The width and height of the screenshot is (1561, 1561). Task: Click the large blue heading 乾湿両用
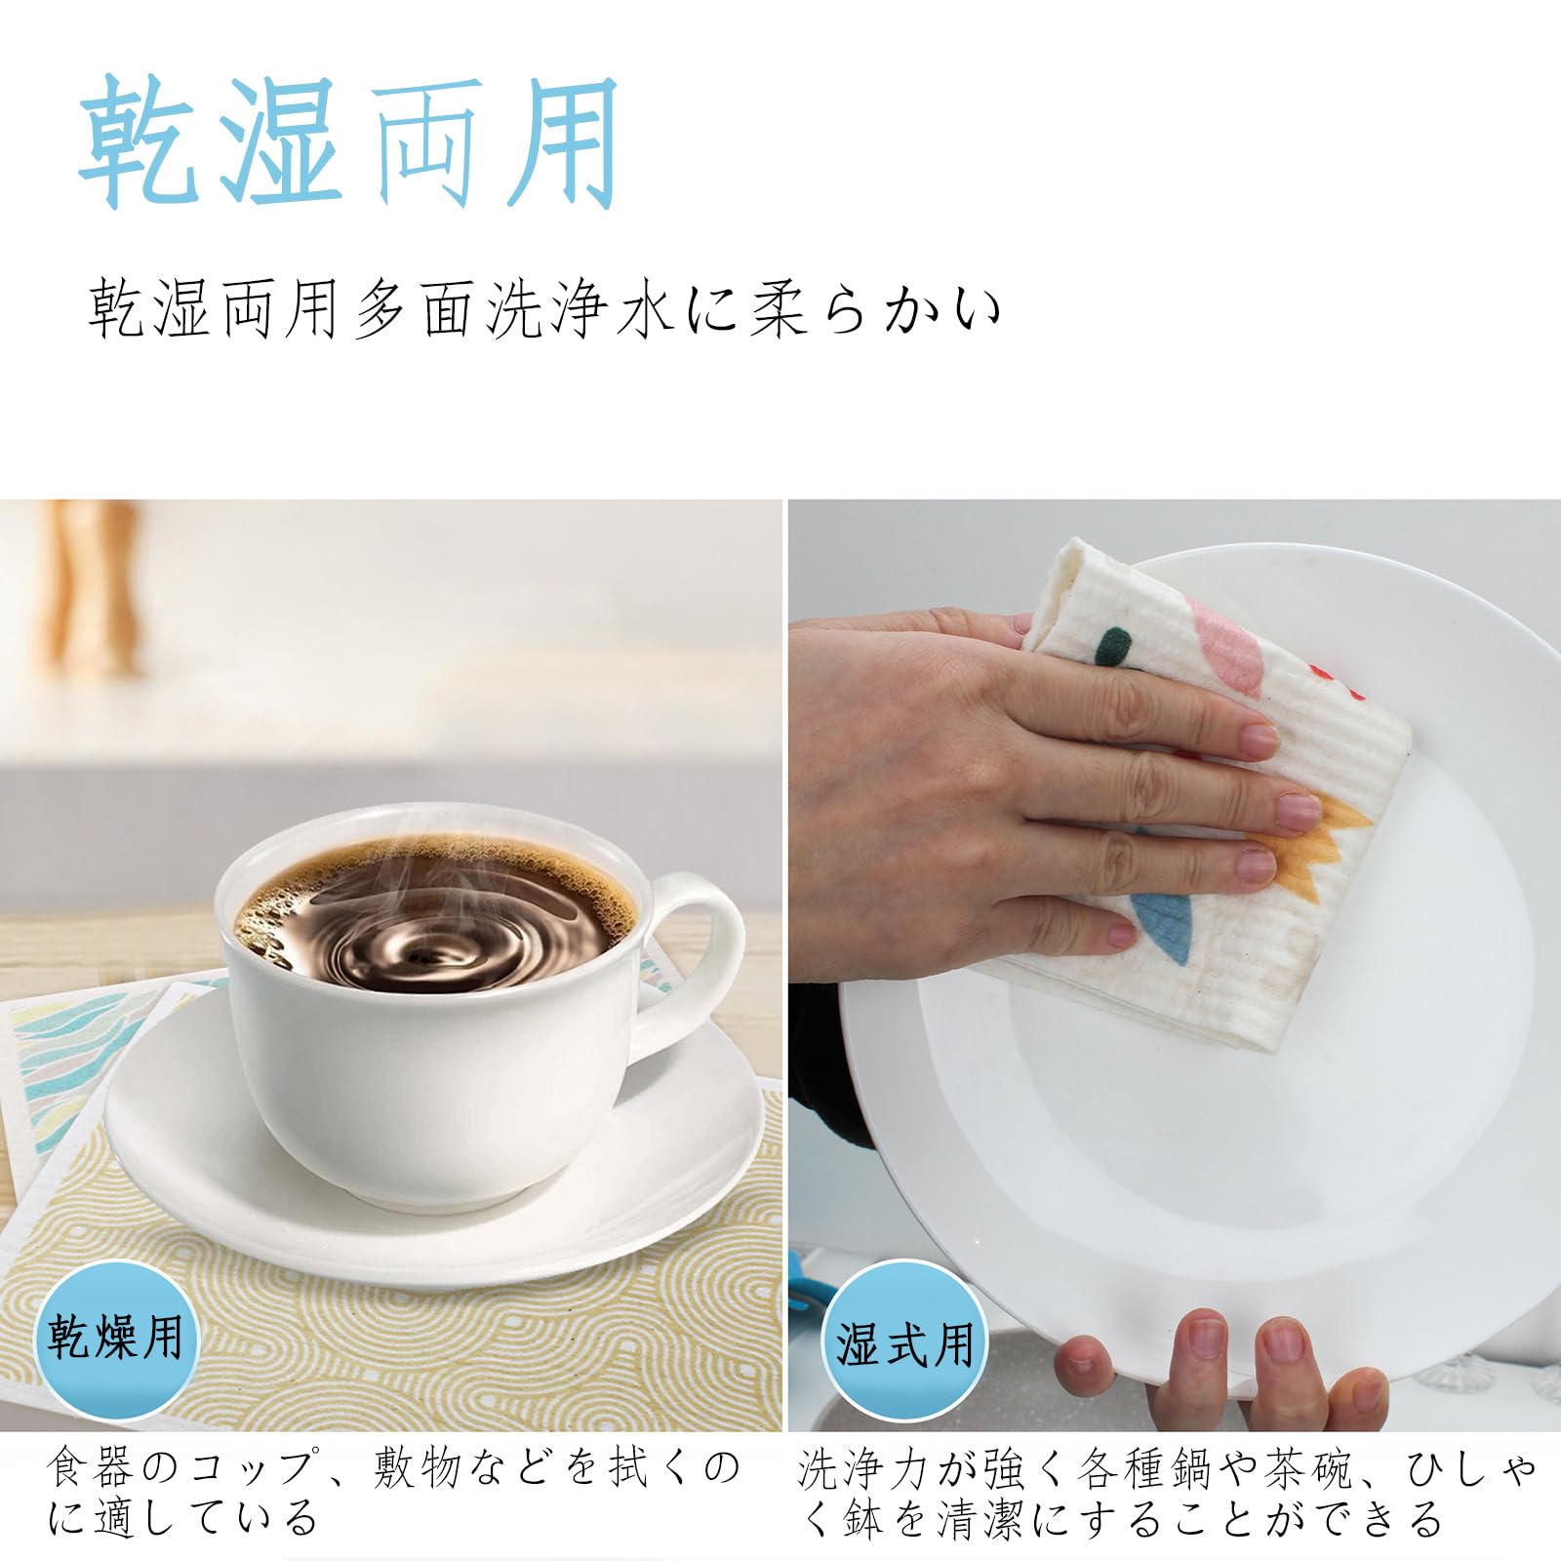(349, 142)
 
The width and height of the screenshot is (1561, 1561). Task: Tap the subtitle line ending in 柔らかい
(545, 309)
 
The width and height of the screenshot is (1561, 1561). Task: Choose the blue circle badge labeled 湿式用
(904, 1345)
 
